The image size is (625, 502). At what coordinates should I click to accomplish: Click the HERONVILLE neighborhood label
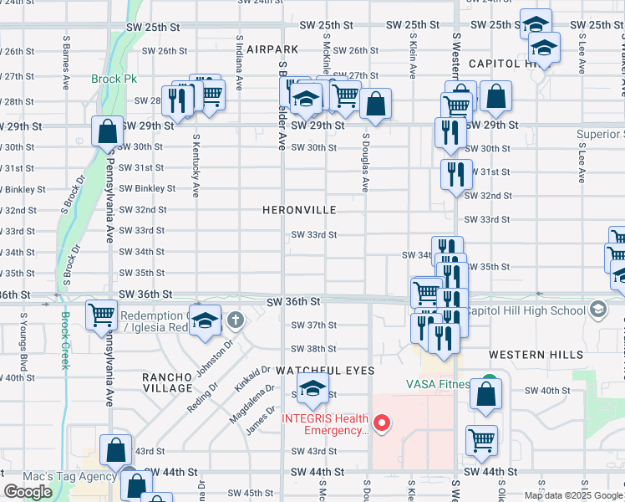pos(298,210)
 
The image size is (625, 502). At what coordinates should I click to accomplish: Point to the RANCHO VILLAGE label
pos(167,382)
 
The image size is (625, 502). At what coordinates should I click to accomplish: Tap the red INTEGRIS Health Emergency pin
pos(383,423)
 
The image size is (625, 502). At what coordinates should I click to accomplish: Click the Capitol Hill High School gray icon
pos(597,310)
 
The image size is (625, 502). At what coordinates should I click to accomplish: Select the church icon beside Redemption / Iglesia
pos(236,318)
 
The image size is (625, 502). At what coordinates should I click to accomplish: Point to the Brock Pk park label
pos(108,80)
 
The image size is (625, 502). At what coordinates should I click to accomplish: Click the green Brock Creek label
pos(65,341)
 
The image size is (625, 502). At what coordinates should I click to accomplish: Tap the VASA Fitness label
pos(436,385)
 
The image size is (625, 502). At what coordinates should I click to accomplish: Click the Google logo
pos(28,492)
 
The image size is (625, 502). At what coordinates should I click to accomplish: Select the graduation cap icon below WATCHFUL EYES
pos(312,391)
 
